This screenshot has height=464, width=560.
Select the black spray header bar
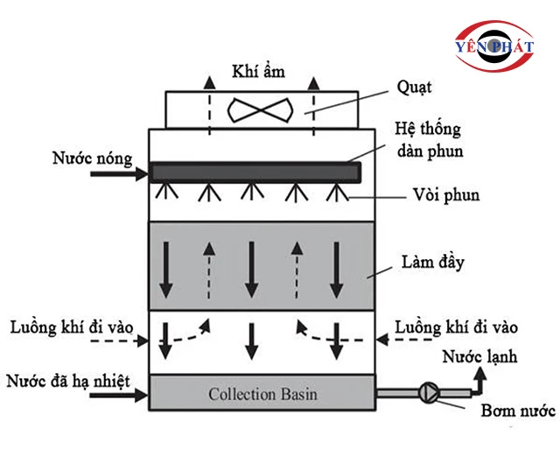[x=254, y=172]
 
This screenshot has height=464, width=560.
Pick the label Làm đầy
[x=434, y=262]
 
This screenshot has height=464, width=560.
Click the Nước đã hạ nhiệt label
[x=67, y=381]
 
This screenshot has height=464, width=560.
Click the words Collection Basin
[x=262, y=394]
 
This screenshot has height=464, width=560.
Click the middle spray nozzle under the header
[x=252, y=192]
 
